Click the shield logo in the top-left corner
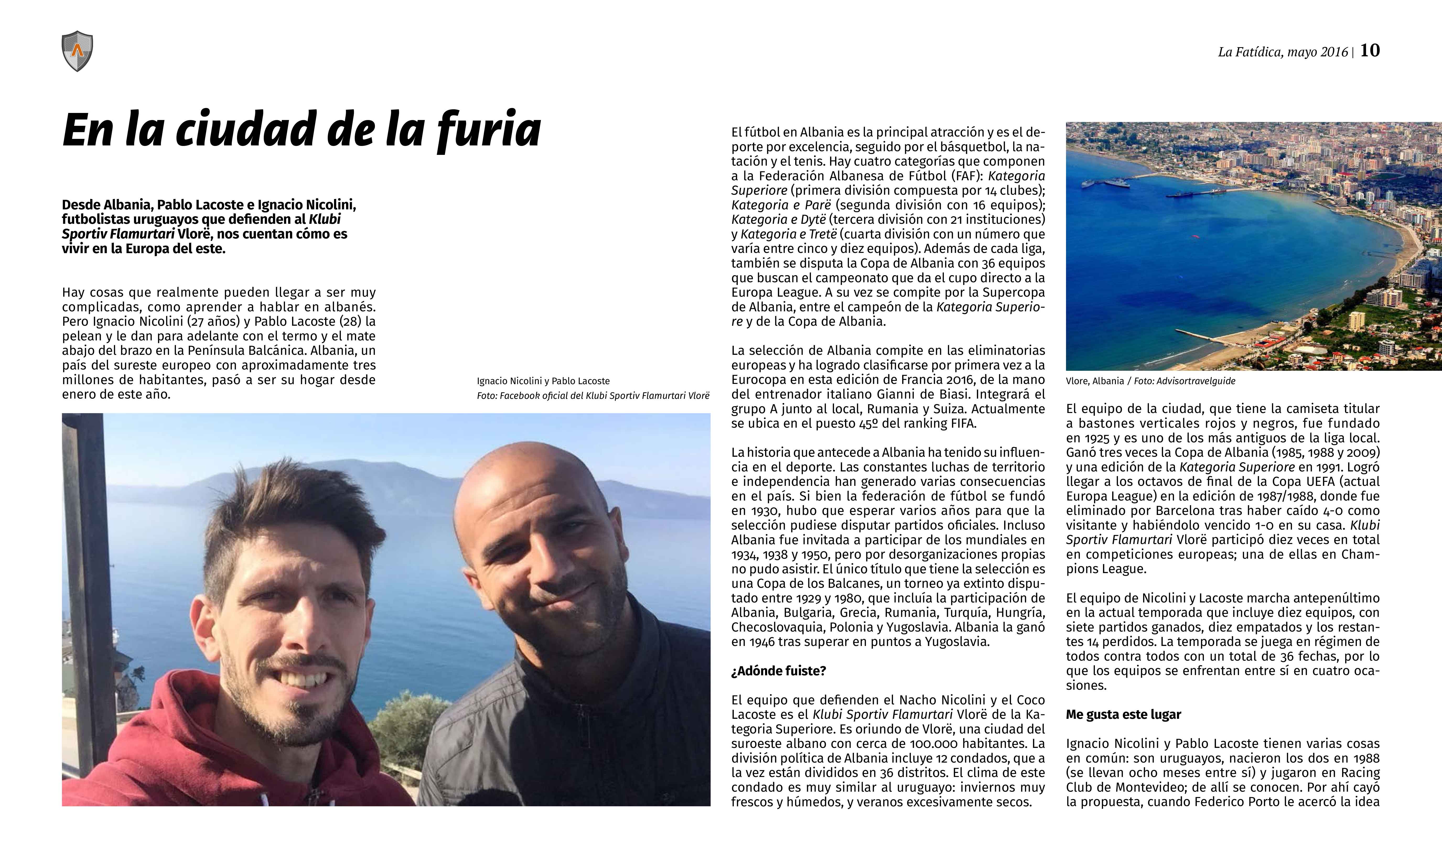point(77,51)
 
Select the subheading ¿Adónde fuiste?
point(778,671)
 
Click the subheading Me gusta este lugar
point(1123,714)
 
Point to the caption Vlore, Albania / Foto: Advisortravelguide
point(1150,381)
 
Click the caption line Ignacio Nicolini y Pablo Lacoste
point(543,381)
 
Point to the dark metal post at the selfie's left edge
point(84,521)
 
